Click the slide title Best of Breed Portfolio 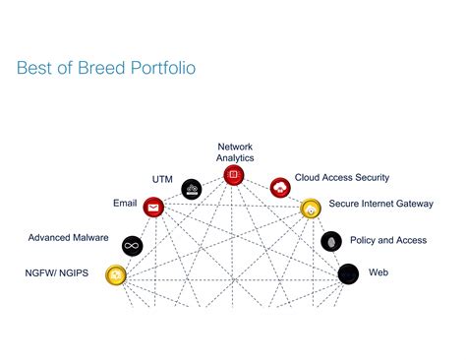pos(106,69)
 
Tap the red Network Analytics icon pos(234,176)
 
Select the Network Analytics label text pos(235,151)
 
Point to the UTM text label pos(162,179)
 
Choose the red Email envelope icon pos(153,207)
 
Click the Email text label pos(125,203)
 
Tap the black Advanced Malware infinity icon pos(132,245)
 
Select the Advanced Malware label pos(68,237)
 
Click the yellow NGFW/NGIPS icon pos(116,274)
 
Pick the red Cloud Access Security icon pos(280,186)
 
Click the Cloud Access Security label pos(342,178)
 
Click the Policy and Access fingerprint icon pos(331,240)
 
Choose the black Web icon pos(348,273)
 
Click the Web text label pos(379,271)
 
